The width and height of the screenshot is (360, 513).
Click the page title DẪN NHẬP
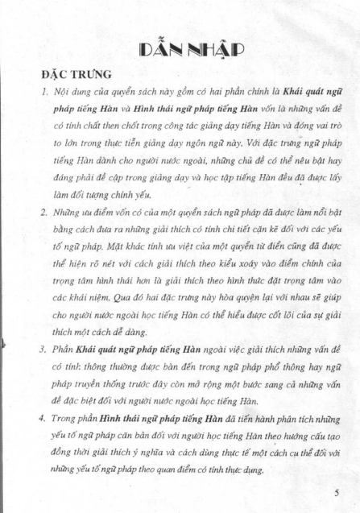click(180, 47)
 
